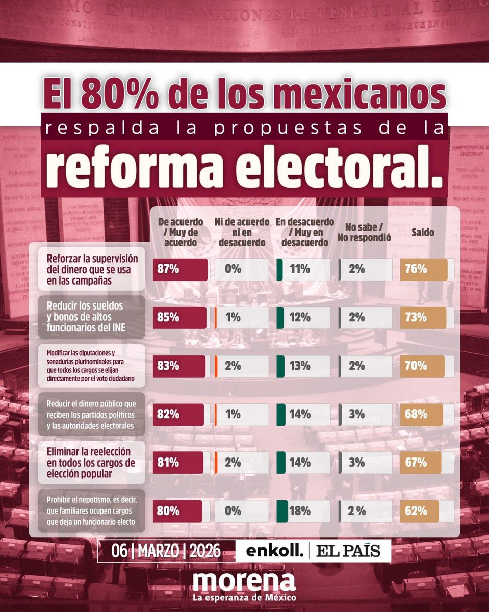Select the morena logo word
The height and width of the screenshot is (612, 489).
pos(244,581)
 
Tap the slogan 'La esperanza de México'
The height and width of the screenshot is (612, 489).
pos(244,597)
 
